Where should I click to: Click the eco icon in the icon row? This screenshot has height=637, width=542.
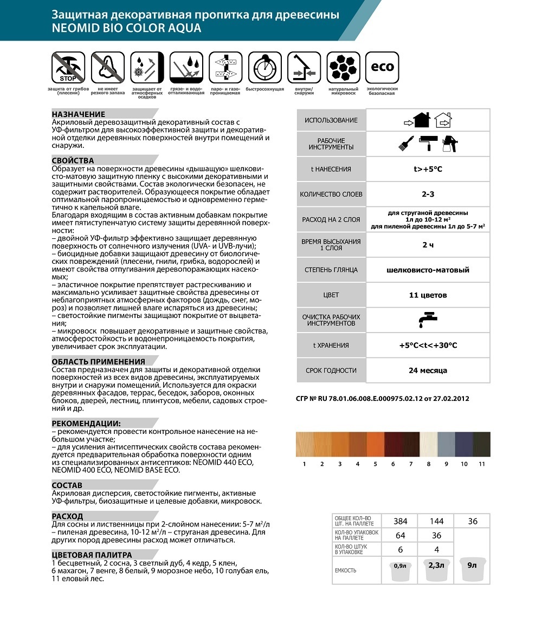click(382, 67)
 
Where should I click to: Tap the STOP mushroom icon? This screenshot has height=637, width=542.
click(68, 67)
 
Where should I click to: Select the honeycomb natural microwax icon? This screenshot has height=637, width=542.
click(343, 67)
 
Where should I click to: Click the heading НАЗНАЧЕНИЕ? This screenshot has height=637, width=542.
click(79, 114)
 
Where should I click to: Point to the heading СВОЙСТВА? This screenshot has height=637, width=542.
click(73, 160)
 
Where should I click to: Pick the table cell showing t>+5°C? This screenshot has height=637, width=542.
click(428, 169)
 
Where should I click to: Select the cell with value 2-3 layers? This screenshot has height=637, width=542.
click(428, 194)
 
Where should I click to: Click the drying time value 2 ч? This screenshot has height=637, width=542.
click(428, 245)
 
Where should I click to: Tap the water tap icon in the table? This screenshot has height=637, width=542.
click(428, 320)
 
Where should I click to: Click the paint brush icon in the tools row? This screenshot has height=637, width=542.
click(404, 144)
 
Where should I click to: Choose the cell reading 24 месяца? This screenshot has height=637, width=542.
click(428, 370)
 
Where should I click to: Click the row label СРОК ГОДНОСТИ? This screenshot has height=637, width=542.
click(331, 370)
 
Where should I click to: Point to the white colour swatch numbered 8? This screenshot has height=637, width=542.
click(428, 444)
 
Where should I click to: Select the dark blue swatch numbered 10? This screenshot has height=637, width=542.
click(464, 444)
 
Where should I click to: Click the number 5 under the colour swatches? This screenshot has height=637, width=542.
click(375, 464)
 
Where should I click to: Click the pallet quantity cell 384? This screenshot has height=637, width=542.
click(400, 521)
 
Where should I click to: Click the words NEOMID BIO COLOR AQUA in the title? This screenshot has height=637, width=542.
click(126, 28)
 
